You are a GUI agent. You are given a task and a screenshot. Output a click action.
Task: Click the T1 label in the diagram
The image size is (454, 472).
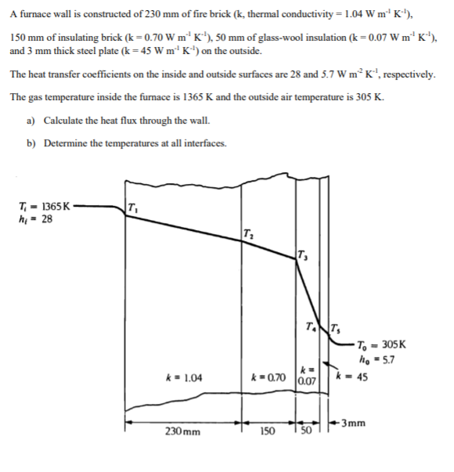(132, 208)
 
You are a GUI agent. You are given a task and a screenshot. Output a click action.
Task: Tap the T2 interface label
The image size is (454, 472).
(248, 232)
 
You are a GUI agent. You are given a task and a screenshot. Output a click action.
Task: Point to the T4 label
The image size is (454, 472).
(312, 326)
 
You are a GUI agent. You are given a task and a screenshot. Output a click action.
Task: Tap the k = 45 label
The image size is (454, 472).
(351, 377)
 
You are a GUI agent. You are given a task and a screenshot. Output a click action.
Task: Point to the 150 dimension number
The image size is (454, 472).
(269, 431)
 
